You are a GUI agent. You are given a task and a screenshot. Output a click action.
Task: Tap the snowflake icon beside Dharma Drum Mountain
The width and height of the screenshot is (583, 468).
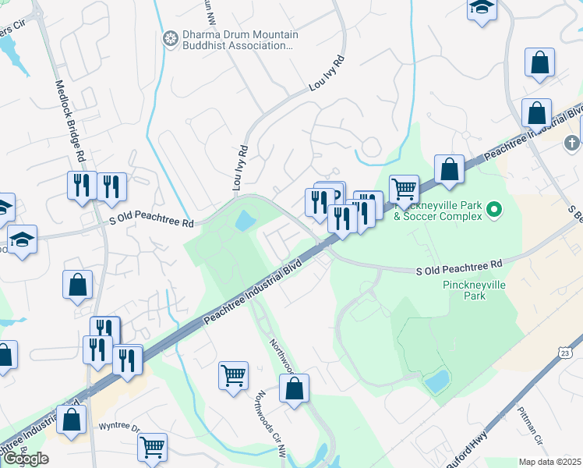click(170, 39)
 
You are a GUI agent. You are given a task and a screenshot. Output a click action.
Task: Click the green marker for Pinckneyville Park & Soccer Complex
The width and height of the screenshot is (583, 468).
click(493, 209)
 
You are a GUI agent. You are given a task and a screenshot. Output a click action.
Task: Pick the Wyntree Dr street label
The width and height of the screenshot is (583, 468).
click(118, 428)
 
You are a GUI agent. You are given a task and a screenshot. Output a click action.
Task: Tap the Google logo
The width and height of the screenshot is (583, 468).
click(26, 459)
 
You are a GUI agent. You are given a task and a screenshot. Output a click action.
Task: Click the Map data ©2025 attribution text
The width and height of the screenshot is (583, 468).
click(550, 462)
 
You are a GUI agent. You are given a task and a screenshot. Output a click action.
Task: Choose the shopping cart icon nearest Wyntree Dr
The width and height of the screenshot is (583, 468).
click(152, 448)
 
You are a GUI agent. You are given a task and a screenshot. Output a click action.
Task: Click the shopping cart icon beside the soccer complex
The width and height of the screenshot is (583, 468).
click(404, 188)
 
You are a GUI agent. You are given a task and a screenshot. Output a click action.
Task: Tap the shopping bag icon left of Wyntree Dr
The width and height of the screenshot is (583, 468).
click(72, 419)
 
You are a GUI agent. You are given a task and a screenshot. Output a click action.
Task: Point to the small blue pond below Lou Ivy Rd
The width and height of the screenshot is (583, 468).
click(245, 221)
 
